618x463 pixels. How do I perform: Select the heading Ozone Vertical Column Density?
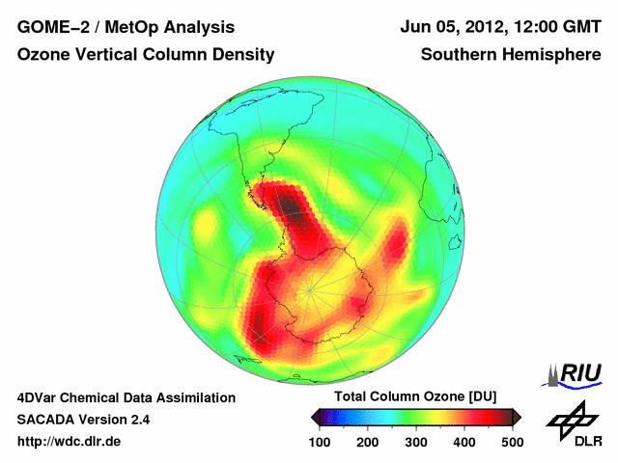click(145, 56)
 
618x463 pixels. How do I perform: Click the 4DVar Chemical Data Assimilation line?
click(126, 397)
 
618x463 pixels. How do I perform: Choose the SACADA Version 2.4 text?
click(84, 420)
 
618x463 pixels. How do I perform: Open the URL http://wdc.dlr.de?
click(70, 442)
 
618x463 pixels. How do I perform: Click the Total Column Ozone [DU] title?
click(415, 397)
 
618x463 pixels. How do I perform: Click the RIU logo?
click(576, 374)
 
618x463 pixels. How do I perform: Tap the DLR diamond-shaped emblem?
click(570, 416)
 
